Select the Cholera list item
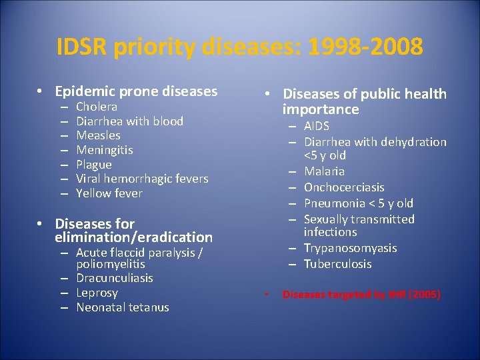(97, 107)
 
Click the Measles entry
(98, 135)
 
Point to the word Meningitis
(105, 150)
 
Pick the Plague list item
(94, 165)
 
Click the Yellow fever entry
(109, 193)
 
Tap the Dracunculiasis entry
(115, 278)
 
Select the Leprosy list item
(97, 293)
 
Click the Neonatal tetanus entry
(123, 307)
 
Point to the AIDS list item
(317, 127)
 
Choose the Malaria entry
(324, 171)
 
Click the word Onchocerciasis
(344, 187)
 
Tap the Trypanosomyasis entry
(350, 248)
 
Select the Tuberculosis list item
(338, 264)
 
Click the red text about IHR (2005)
(361, 294)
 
